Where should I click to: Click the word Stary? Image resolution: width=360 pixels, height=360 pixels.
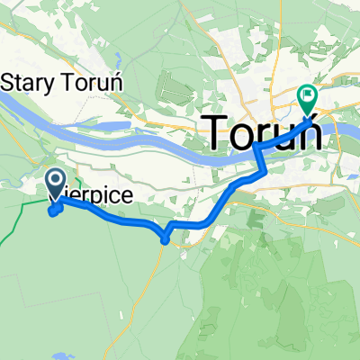[26, 82]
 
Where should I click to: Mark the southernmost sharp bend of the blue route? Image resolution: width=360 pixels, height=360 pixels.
[164, 239]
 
